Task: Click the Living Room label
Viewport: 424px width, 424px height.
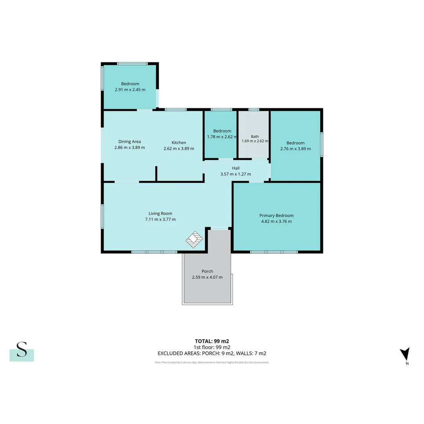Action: point(160,213)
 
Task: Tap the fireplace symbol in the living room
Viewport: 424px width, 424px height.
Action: point(194,239)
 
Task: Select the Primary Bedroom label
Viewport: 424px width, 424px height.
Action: point(276,216)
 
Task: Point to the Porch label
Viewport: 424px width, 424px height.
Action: point(207,271)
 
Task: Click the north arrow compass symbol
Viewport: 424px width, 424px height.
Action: point(405,354)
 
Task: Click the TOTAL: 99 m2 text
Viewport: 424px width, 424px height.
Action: point(212,341)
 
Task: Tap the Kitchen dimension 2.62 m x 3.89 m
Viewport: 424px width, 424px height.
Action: point(179,148)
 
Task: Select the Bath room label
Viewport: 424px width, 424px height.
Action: point(255,137)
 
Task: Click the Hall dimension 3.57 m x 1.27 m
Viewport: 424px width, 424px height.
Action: point(236,174)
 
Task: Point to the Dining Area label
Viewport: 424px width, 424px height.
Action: point(130,142)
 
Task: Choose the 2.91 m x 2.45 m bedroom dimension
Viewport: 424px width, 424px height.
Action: point(130,90)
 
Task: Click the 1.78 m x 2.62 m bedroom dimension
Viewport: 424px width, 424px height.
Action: point(222,137)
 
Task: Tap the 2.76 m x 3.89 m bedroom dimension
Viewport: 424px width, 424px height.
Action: point(296,149)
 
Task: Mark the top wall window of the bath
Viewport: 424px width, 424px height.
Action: point(254,110)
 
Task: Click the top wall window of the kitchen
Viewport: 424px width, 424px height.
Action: point(176,110)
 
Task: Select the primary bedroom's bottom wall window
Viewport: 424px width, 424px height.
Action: point(274,252)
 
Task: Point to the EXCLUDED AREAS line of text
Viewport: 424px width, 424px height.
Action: point(212,353)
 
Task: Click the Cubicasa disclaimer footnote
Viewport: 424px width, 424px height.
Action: point(212,362)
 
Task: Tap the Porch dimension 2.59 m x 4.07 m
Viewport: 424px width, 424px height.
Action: point(207,277)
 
